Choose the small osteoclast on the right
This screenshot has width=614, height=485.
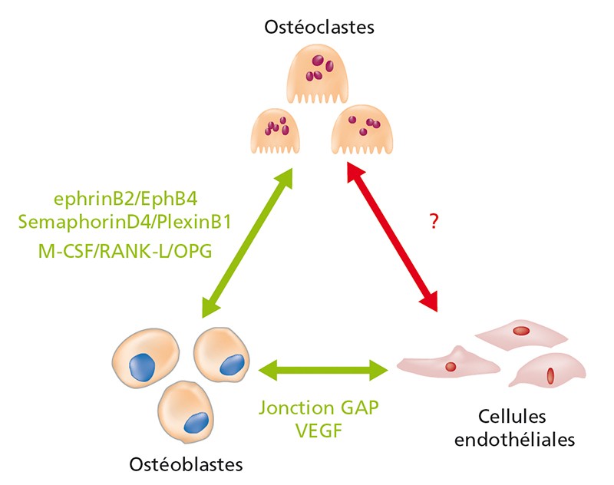point(361,130)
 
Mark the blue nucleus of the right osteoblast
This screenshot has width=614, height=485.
point(233,365)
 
